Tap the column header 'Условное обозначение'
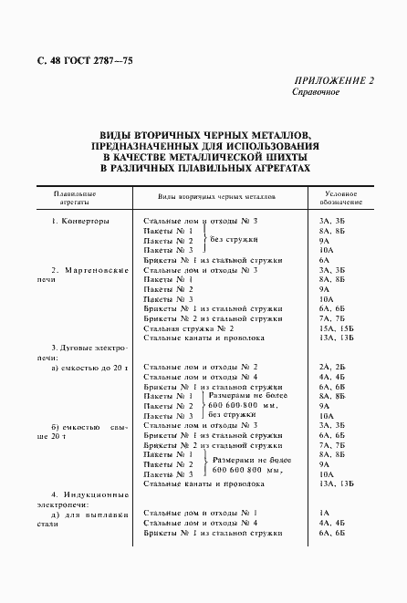(x=341, y=199)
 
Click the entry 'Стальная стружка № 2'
(x=189, y=327)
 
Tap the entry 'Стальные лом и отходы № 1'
(x=201, y=514)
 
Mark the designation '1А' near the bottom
(x=324, y=514)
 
